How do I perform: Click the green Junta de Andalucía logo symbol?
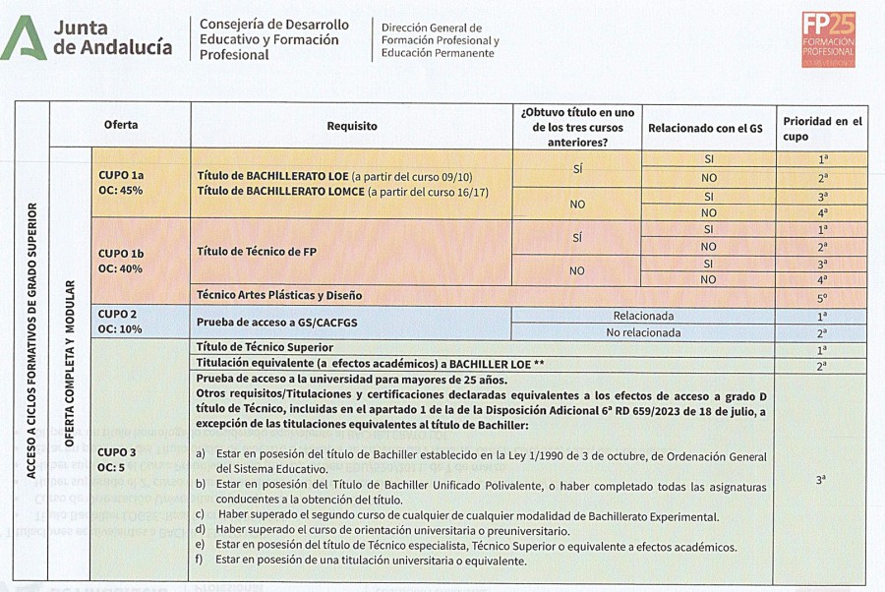pos(25,38)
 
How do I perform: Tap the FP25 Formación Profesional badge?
pos(828,39)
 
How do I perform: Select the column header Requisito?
pos(352,126)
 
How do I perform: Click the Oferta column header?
pos(121,125)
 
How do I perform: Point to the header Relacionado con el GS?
pos(705,128)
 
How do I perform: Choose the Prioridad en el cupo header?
pos(822,129)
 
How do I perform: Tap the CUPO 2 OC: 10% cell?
pos(121,321)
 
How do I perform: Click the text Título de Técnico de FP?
pos(257,252)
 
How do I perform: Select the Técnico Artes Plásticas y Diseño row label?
pos(279,295)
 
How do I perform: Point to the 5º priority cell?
pos(822,296)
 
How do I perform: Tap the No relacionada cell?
pos(643,332)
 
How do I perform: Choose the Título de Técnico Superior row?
pos(265,347)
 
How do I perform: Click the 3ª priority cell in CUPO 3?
pos(821,480)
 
